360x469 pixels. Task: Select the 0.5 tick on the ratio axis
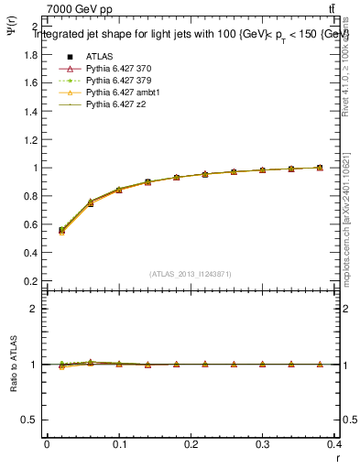[x=32, y=420]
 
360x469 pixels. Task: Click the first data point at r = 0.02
[x=61, y=231]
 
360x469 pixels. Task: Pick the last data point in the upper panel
[x=319, y=168]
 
